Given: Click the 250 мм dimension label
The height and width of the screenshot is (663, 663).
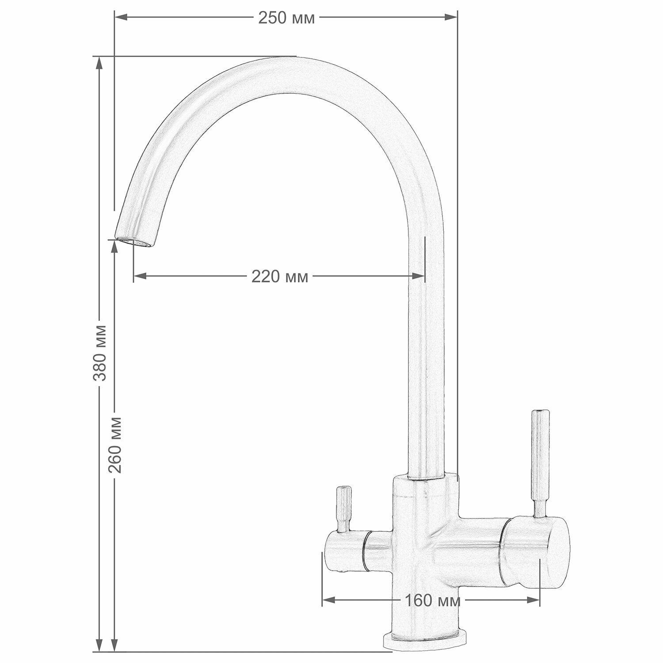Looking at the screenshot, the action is coord(286,18).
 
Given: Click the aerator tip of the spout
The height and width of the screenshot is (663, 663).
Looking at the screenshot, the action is coord(134,242).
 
